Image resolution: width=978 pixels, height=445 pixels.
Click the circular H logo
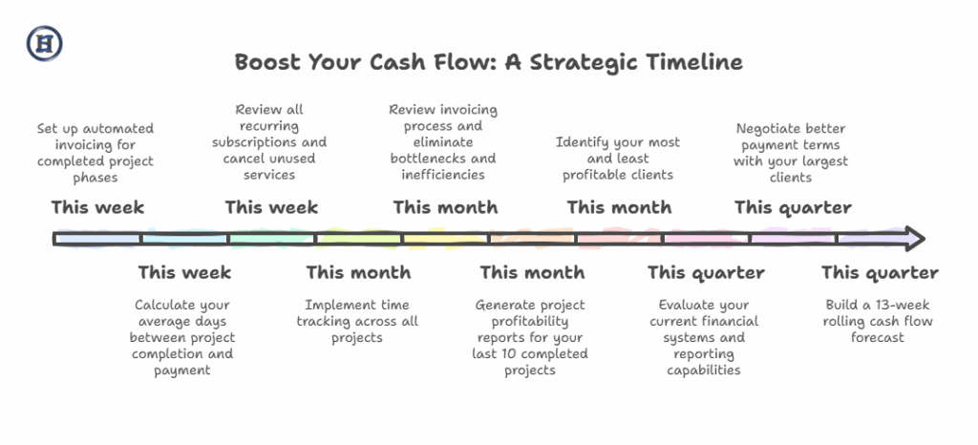click(44, 44)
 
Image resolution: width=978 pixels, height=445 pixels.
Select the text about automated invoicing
click(95, 154)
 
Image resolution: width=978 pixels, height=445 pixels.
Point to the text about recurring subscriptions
click(269, 142)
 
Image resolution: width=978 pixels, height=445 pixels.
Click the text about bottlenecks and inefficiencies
click(443, 142)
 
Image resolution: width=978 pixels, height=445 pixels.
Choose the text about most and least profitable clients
click(618, 159)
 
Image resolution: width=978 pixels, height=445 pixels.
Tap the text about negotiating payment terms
click(791, 154)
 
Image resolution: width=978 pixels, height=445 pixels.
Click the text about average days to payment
click(182, 337)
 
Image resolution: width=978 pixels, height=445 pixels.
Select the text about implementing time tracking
click(357, 321)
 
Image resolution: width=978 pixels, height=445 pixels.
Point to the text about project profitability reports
click(530, 337)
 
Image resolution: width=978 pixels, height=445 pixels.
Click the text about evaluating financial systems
click(704, 337)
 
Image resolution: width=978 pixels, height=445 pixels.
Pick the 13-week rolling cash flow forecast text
click(878, 321)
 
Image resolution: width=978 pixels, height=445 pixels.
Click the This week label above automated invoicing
click(97, 207)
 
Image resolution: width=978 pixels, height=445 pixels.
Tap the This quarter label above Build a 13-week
click(880, 272)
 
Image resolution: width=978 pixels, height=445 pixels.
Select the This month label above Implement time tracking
click(358, 272)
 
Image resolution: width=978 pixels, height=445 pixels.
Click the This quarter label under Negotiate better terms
click(793, 207)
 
